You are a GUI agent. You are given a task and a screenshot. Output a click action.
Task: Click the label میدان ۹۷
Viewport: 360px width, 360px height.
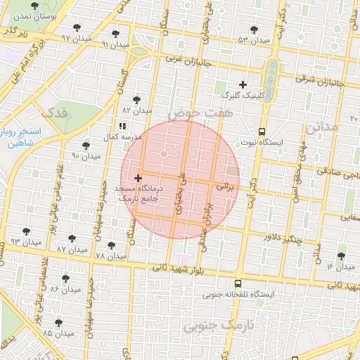[x=56, y=38]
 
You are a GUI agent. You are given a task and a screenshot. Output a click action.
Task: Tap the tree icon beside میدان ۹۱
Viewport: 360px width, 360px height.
[x=115, y=34]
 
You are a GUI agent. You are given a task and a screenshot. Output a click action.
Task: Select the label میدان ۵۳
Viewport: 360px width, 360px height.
[x=254, y=40]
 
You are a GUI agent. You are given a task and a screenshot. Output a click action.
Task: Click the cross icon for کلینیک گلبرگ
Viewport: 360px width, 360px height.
[x=243, y=84]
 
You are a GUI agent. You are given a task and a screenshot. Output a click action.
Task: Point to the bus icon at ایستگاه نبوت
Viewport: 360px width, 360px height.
[x=262, y=131]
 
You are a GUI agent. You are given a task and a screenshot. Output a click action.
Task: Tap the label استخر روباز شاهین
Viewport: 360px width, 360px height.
[x=21, y=137]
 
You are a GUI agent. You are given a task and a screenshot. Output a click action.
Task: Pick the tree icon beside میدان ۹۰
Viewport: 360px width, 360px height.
[x=86, y=146]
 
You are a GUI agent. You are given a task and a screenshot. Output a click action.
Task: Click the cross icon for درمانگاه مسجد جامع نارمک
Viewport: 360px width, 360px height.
[x=138, y=179]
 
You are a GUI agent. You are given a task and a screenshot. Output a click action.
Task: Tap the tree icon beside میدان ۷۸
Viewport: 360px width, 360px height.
[x=111, y=245]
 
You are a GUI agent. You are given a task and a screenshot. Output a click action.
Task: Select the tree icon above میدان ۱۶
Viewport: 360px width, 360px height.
[x=341, y=257]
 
